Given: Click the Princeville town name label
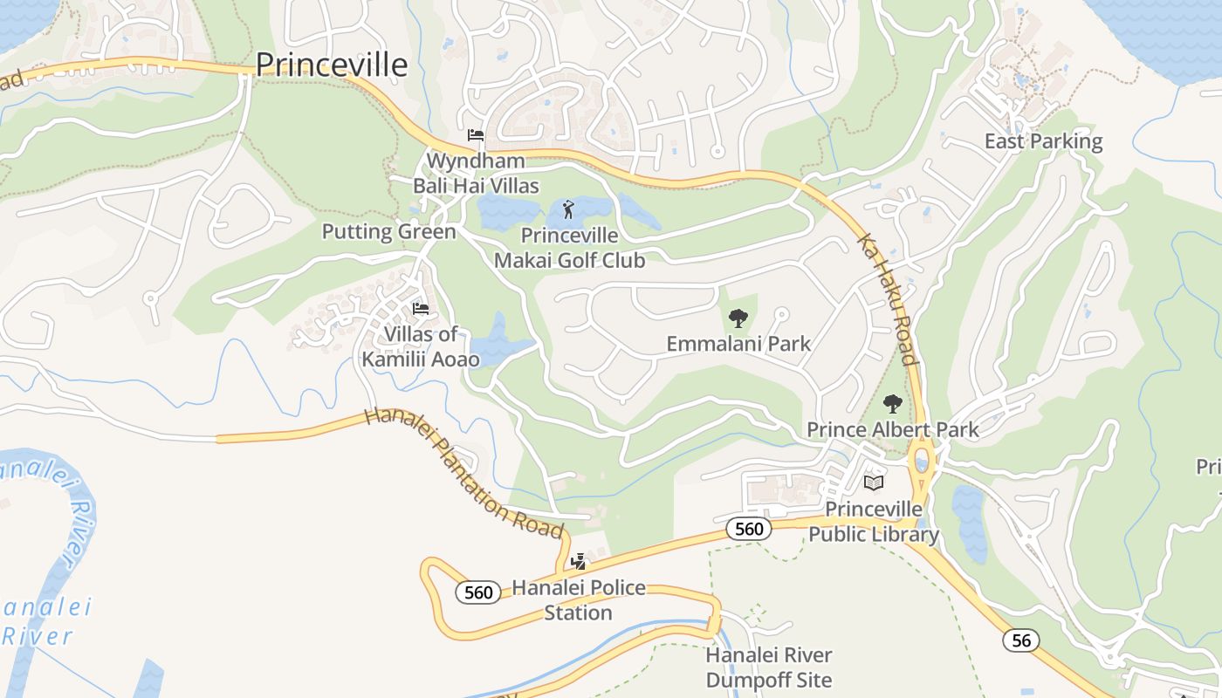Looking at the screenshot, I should pos(332,65).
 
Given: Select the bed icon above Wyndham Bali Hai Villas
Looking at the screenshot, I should pos(476,134).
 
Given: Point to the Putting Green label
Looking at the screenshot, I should pos(389,231).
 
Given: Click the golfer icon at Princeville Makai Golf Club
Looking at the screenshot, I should pos(569,209).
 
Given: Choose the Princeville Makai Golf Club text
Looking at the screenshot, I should pos(569,248).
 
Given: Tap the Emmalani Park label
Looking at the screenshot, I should pos(738,344).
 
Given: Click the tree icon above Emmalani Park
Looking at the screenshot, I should pos(738,318).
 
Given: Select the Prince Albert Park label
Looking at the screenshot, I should pos(893,429).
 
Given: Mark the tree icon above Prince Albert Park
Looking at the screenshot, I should pos(892,404).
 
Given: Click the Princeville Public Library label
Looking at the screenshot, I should pos(874,522).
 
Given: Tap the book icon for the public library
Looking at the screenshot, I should pos(874,482).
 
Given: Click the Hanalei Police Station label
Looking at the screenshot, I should pos(579,600).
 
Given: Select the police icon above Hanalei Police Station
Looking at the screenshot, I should pos(578,561).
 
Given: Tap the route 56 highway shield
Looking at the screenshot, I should pos(1020,640).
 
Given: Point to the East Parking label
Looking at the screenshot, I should pos(1043,141).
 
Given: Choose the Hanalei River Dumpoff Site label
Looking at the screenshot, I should pos(769,667).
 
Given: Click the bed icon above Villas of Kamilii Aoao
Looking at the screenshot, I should pos(421,308).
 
